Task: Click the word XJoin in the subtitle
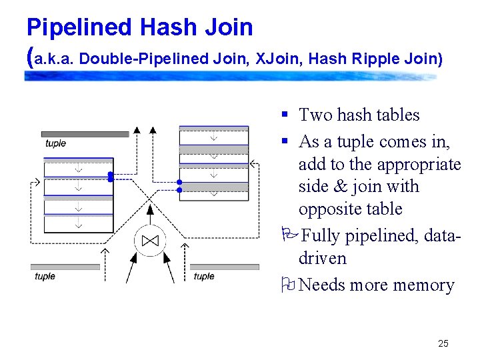pos(278,59)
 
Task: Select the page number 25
pos(443,344)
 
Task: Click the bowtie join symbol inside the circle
pos(150,241)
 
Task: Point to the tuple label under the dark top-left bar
pos(55,143)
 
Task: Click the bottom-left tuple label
pos(45,276)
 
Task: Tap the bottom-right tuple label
pos(203,276)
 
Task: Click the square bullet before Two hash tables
pos(284,115)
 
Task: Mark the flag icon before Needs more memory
pos(289,285)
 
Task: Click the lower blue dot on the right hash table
pos(179,190)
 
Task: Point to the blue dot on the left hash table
pos(111,177)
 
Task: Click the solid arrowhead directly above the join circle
pos(150,209)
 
